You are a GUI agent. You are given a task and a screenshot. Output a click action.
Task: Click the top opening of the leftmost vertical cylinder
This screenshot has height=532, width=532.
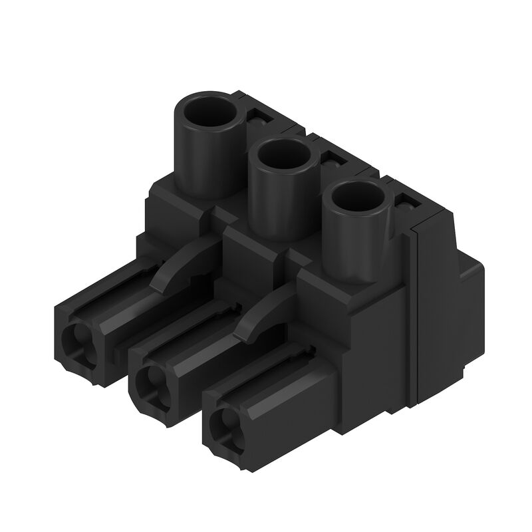point(208,114)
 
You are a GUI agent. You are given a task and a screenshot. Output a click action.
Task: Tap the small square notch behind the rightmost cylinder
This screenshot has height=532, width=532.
point(402,200)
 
